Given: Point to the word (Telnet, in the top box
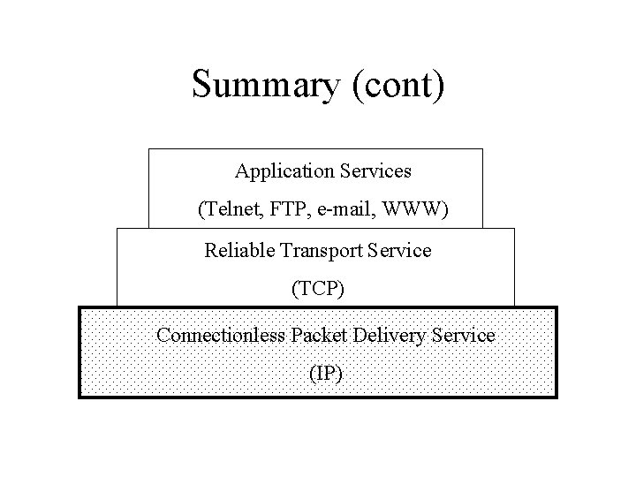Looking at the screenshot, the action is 225,210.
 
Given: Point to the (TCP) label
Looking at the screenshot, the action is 315,289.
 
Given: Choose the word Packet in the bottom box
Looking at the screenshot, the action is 319,336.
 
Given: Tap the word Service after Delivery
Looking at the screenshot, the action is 464,336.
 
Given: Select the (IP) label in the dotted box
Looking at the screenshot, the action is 326,374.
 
